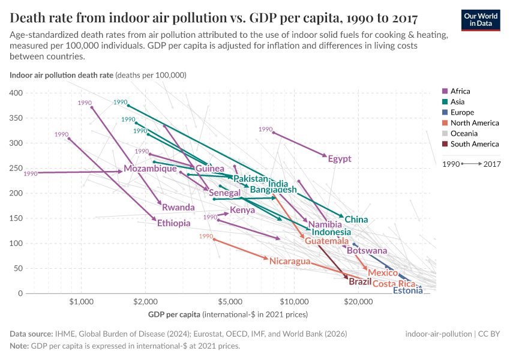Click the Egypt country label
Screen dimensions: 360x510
point(340,159)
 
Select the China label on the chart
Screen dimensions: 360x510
point(356,220)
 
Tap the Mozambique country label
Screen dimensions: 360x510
point(150,169)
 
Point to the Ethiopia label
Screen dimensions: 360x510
point(174,223)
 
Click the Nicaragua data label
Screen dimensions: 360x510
point(290,261)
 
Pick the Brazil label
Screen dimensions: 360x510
point(360,281)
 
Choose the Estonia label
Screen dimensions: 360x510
point(407,291)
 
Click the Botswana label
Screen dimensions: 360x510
point(367,251)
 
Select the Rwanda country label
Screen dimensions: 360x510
point(178,208)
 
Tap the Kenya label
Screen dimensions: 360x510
point(242,211)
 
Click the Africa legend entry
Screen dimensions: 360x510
point(460,91)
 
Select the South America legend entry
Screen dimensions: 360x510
point(474,144)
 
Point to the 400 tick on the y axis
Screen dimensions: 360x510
point(16,93)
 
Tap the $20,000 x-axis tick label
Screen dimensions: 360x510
point(358,302)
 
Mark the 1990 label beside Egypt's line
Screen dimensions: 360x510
point(265,129)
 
